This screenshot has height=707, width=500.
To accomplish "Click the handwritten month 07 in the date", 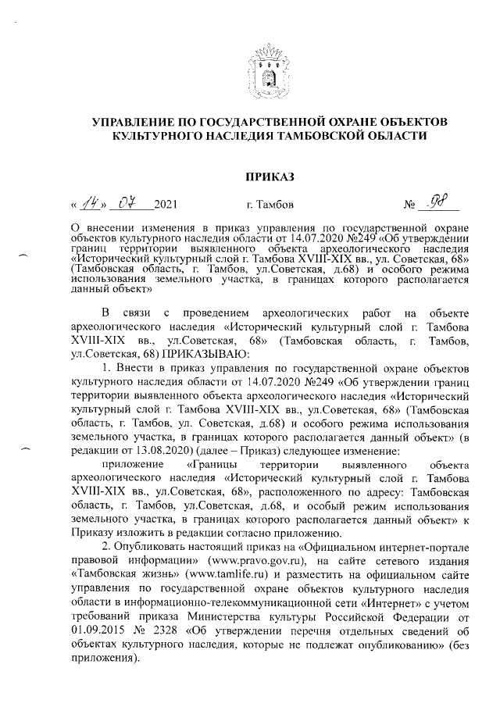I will tap(127, 205).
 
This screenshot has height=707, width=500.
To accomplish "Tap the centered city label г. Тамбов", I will tap(270, 207).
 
